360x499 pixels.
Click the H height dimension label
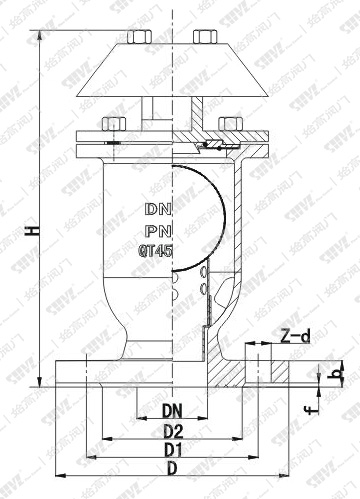(x=33, y=231)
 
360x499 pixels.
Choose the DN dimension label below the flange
(x=173, y=410)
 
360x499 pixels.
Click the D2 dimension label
(x=173, y=431)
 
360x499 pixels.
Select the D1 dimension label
(x=173, y=451)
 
